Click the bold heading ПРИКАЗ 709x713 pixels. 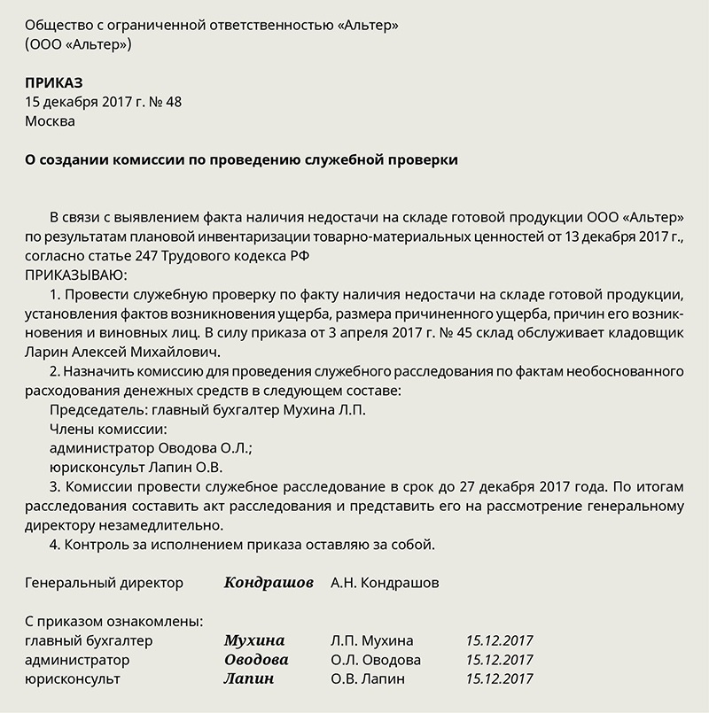pyautogui.click(x=53, y=82)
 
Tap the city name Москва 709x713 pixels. pyautogui.click(x=51, y=121)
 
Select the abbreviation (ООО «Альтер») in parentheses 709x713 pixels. pyautogui.click(x=79, y=44)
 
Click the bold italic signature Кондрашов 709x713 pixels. pyautogui.click(x=269, y=583)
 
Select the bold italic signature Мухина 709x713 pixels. pyautogui.click(x=254, y=640)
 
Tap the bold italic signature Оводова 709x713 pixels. pyautogui.click(x=256, y=660)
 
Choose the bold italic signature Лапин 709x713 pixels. pyautogui.click(x=249, y=679)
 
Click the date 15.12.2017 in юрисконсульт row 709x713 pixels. pyautogui.click(x=499, y=679)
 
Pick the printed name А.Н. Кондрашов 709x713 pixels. pyautogui.click(x=384, y=583)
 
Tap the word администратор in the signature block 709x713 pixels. pyautogui.click(x=78, y=660)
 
